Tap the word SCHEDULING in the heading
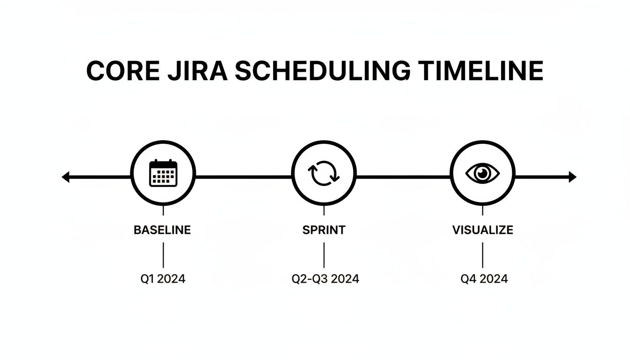(x=319, y=72)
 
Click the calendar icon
(x=163, y=173)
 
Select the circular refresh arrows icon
(x=323, y=173)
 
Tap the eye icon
(x=482, y=173)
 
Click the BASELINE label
(x=162, y=230)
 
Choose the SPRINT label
(x=324, y=230)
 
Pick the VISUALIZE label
(x=482, y=230)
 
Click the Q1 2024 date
(x=163, y=279)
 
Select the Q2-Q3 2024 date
(x=325, y=279)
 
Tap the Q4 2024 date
(x=484, y=279)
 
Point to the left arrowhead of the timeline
(x=66, y=177)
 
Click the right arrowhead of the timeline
(x=572, y=177)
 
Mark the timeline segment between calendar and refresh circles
(x=243, y=177)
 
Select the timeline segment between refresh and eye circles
(x=403, y=177)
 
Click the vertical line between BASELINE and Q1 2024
(x=163, y=255)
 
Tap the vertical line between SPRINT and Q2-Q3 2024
(x=324, y=255)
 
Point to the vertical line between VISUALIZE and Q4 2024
(x=482, y=255)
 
